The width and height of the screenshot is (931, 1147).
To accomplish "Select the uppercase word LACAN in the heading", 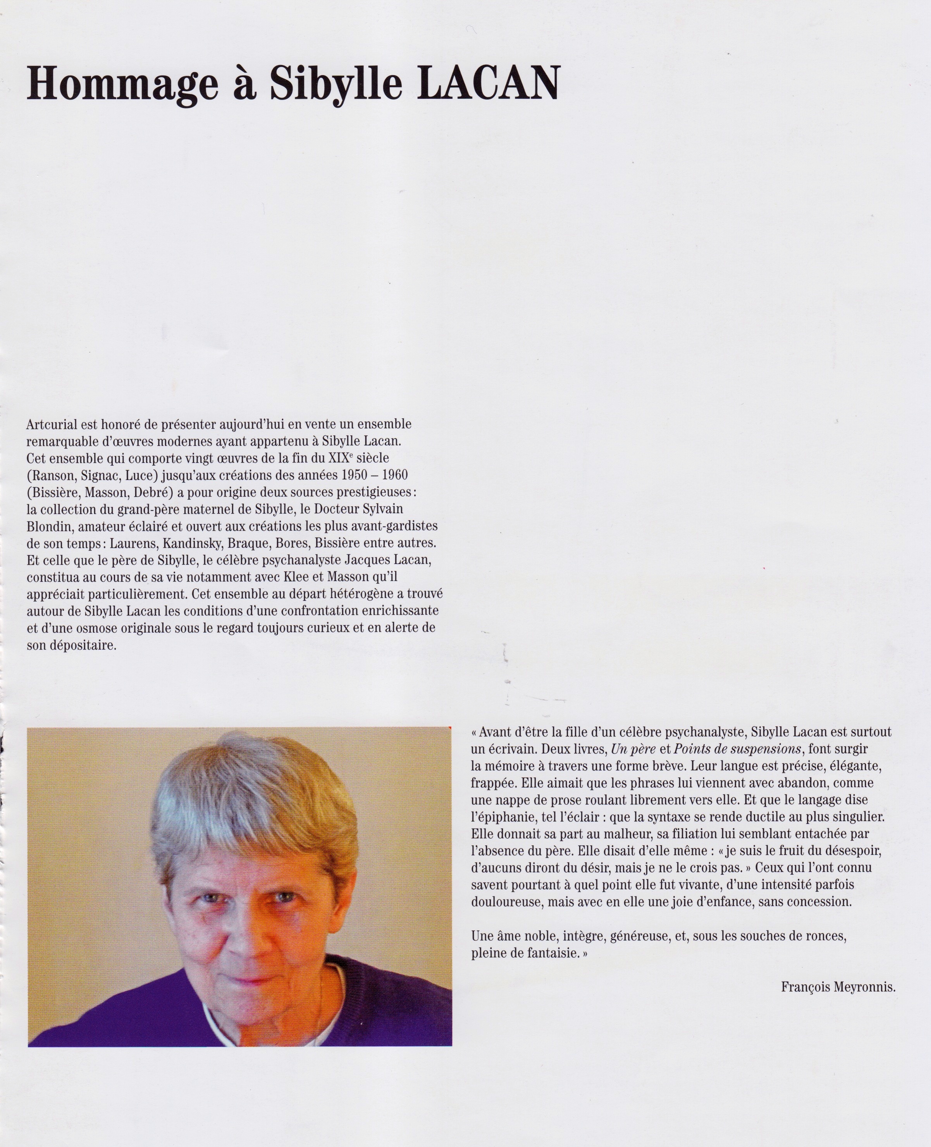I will [488, 83].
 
